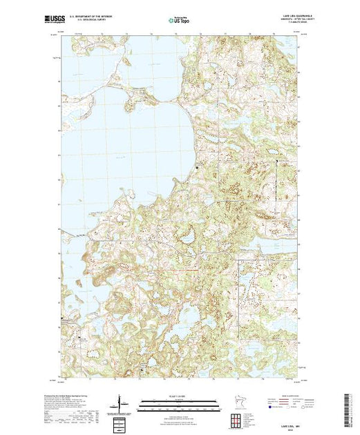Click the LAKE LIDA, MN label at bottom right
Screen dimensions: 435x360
coord(289,428)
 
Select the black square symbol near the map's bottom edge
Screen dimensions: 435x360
coord(143,371)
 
